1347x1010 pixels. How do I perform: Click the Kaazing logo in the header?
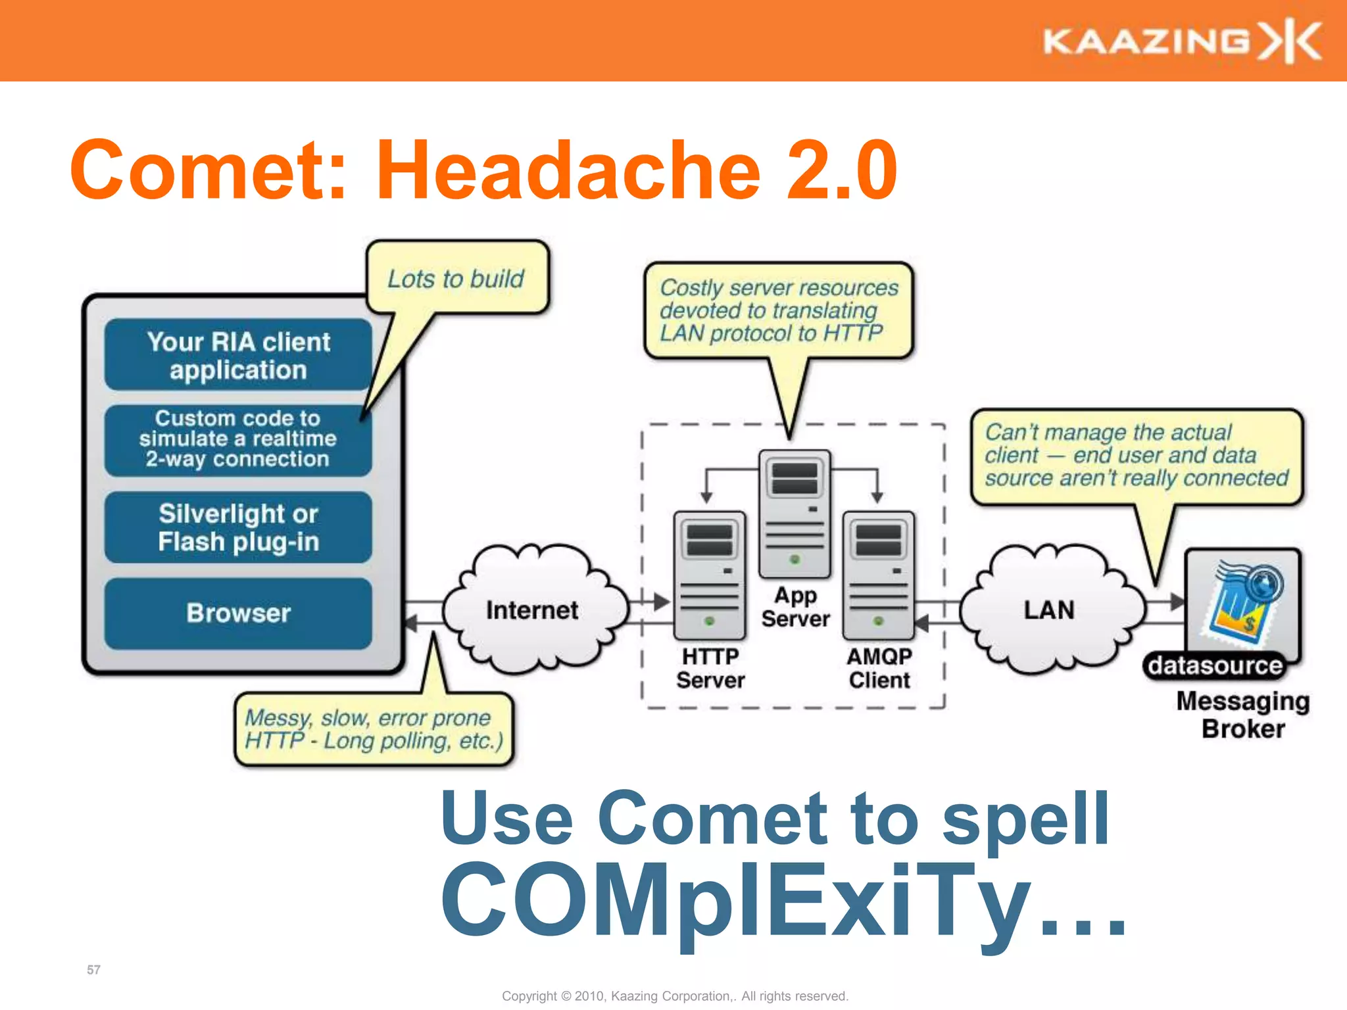coord(1182,41)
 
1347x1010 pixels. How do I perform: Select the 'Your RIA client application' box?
coord(238,355)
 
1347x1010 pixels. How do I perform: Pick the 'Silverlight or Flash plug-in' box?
coord(238,527)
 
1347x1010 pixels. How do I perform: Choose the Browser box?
coord(238,613)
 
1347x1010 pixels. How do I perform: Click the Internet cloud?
coord(533,610)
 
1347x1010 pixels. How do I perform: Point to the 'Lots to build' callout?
coord(456,279)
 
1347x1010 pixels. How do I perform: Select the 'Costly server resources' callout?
coord(779,310)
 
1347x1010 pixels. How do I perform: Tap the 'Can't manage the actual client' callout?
coord(1136,455)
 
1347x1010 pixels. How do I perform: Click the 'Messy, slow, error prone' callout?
coord(374,729)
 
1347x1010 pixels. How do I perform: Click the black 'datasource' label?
coord(1215,666)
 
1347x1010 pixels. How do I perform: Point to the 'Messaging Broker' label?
coord(1242,715)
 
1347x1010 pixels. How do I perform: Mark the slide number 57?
coord(93,970)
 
